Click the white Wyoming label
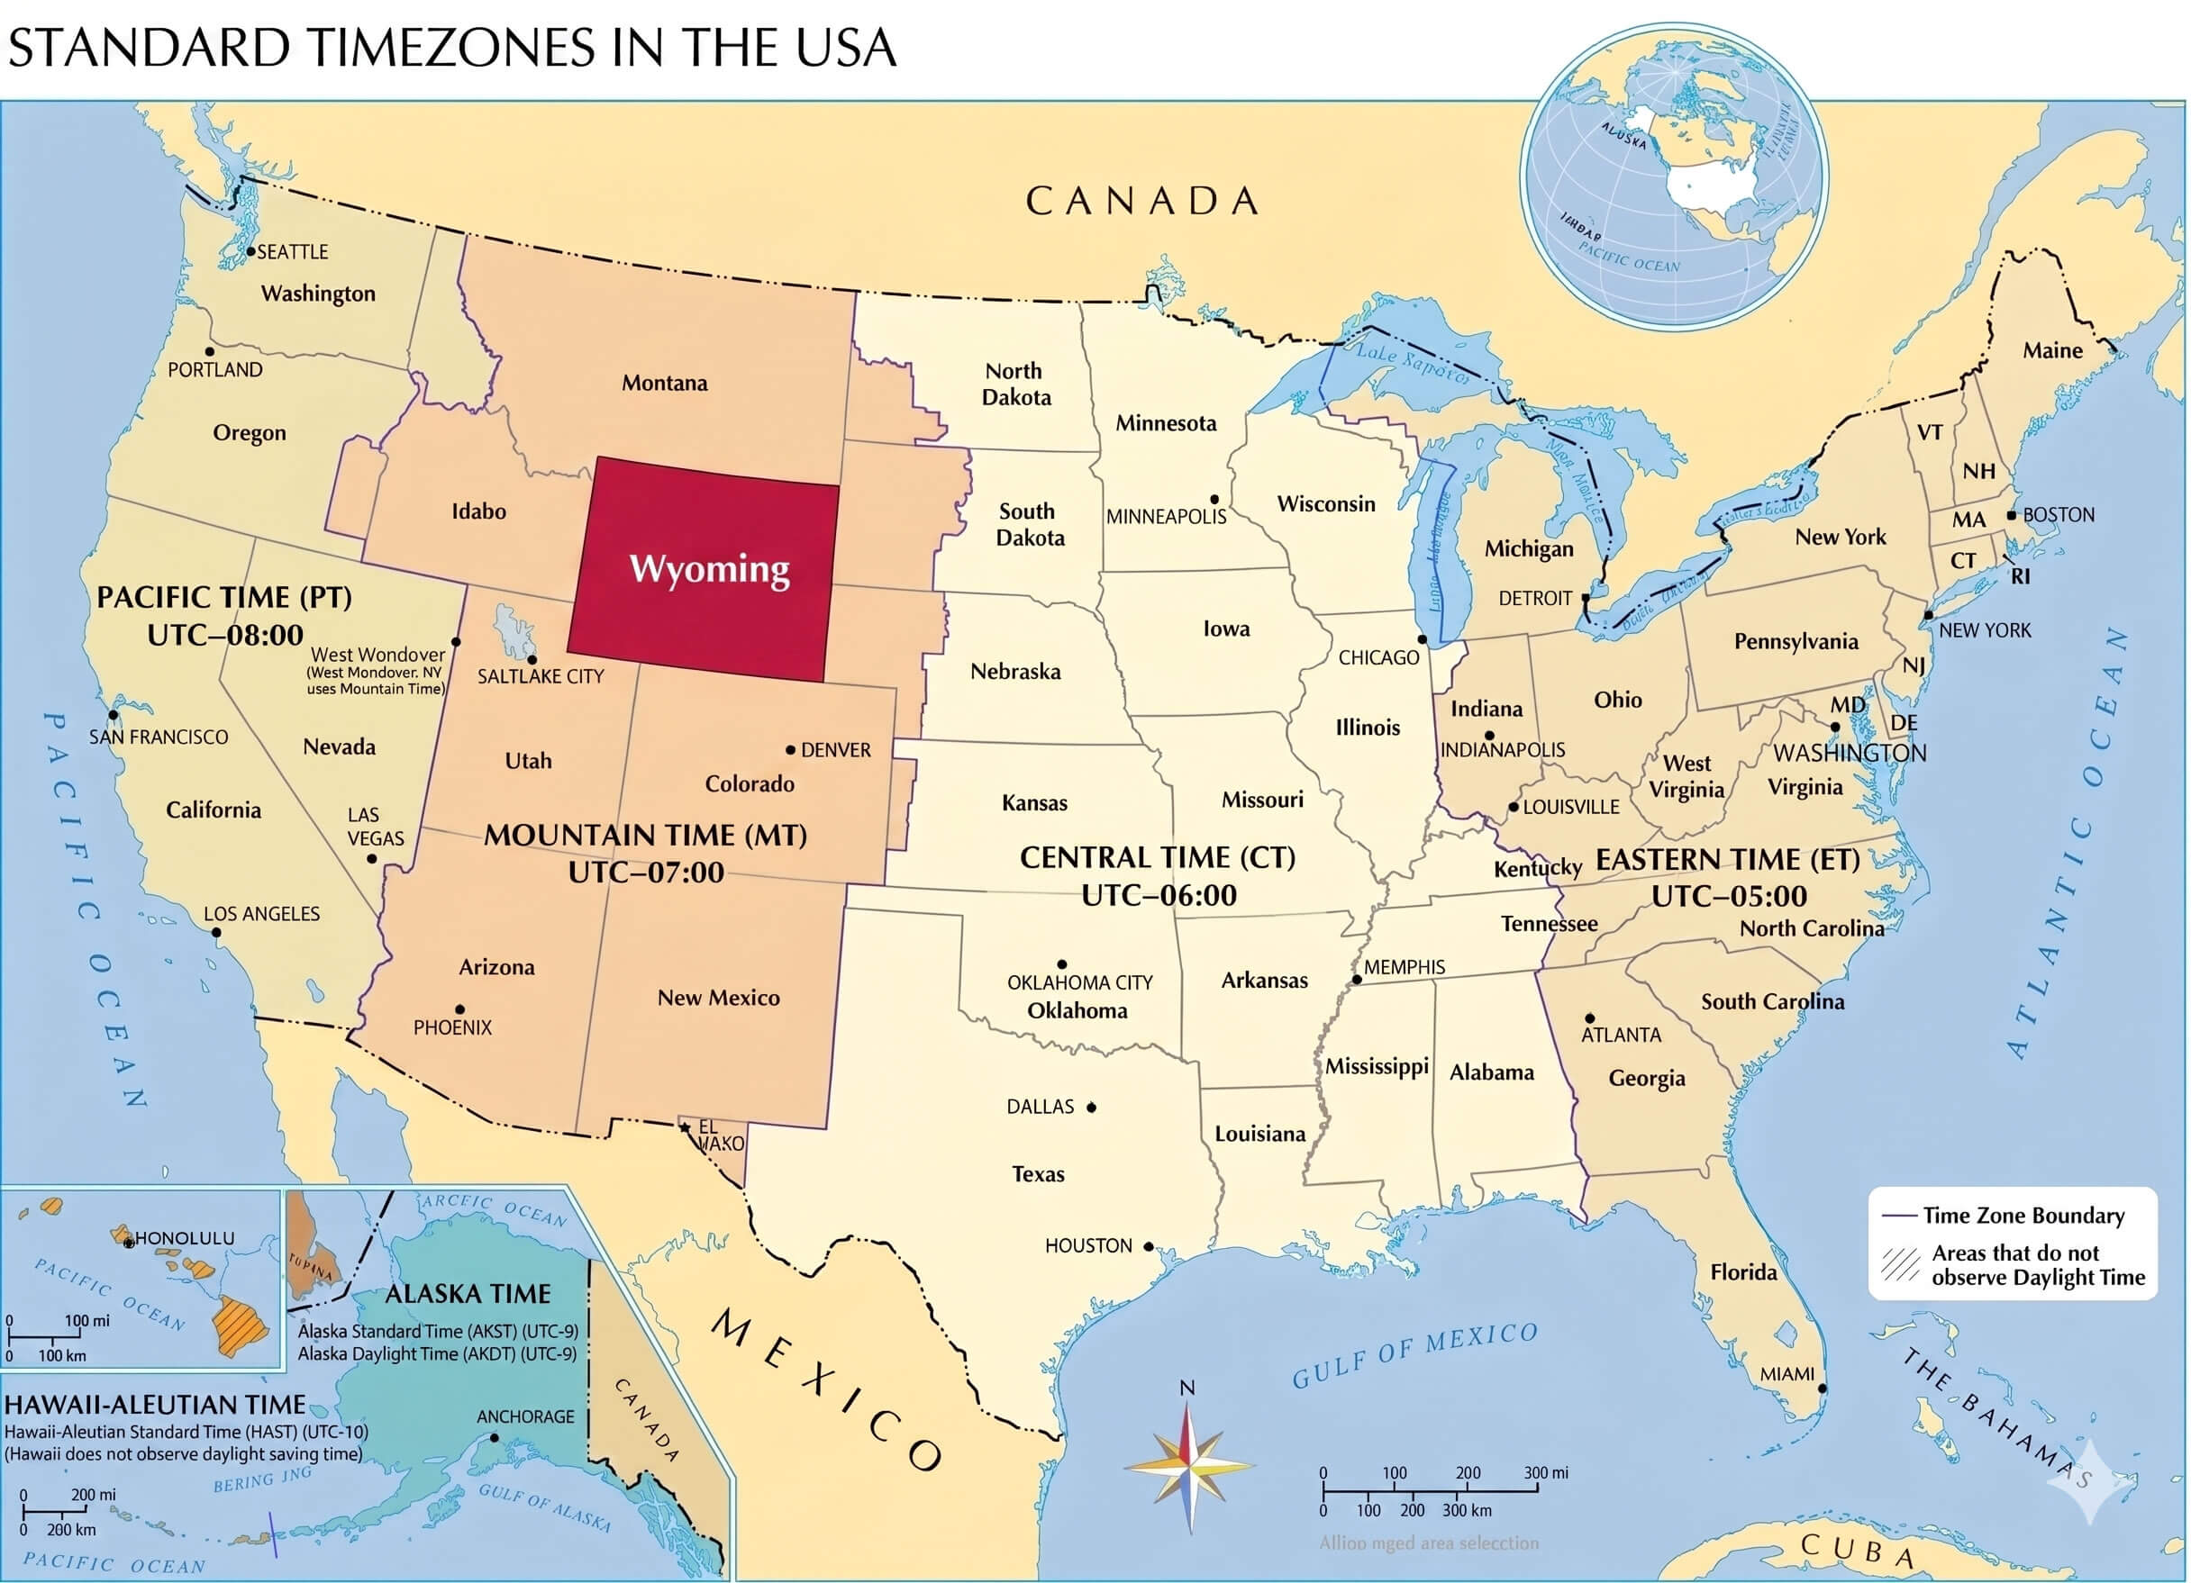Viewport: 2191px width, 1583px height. click(709, 569)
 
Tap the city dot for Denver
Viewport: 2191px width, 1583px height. click(790, 749)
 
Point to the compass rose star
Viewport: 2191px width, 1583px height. click(1189, 1465)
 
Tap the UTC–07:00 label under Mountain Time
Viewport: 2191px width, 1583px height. click(645, 873)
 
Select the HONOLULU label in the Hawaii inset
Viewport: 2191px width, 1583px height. click(184, 1237)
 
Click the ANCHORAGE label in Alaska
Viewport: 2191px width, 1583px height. click(524, 1416)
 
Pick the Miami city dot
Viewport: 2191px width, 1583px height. click(1823, 1388)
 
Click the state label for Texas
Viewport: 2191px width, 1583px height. click(1038, 1173)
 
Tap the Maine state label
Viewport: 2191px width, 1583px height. click(2052, 350)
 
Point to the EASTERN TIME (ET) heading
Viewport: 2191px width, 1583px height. click(1727, 860)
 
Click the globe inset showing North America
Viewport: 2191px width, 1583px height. click(1673, 174)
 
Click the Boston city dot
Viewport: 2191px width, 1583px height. click(2012, 515)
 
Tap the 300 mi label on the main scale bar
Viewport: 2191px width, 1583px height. click(1546, 1473)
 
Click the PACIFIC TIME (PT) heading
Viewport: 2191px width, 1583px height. click(224, 597)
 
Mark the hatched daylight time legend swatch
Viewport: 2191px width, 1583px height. click(1899, 1265)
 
